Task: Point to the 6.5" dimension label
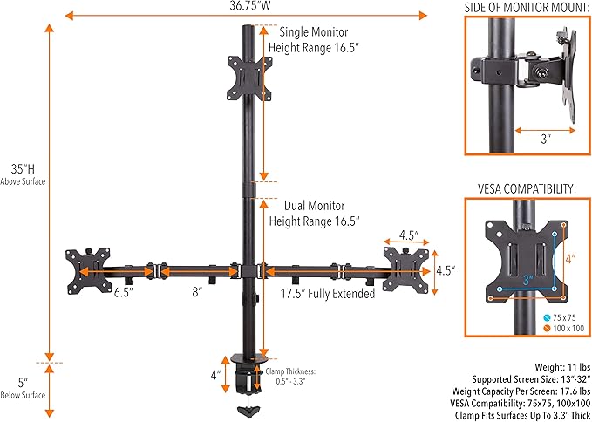(123, 293)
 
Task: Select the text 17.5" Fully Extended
(328, 294)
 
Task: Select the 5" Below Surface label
(24, 387)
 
